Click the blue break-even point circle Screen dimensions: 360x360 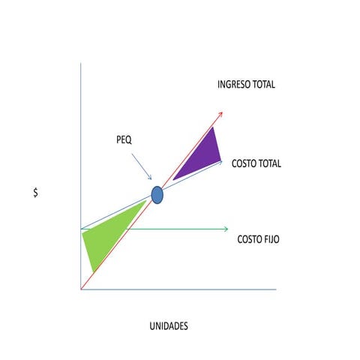[157, 195]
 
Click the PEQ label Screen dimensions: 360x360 [124, 139]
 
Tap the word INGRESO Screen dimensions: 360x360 [234, 85]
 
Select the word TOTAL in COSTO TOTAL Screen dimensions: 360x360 [269, 163]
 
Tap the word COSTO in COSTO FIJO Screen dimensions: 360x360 [249, 239]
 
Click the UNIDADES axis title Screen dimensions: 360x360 [169, 326]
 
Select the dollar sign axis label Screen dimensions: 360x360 [36, 193]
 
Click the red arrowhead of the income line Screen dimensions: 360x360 [220, 115]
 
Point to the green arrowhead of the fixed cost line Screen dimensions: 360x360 [226, 229]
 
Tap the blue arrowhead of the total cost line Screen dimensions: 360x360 [220, 162]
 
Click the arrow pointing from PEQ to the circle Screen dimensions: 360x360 [142, 166]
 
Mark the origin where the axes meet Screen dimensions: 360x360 [81, 289]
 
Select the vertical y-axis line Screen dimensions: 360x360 [81, 176]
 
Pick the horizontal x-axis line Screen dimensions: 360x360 [178, 289]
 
